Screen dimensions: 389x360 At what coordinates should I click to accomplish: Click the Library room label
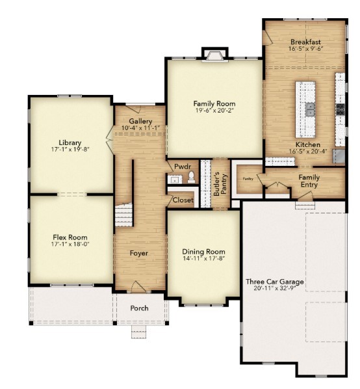point(70,142)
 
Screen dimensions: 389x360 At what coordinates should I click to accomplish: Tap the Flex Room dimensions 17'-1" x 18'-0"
point(70,246)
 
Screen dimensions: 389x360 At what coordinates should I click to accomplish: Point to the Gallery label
point(140,122)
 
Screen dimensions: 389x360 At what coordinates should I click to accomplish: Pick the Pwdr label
point(182,167)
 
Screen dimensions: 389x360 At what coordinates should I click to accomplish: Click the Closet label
point(182,200)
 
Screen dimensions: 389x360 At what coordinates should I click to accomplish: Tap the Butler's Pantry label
point(218,183)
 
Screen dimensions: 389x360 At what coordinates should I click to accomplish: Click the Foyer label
point(138,253)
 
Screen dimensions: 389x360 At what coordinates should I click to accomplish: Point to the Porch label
point(139,308)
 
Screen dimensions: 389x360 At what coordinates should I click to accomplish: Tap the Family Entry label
point(309,181)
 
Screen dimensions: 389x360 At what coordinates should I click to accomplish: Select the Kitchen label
point(307,144)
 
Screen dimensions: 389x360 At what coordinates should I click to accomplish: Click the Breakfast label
point(305,42)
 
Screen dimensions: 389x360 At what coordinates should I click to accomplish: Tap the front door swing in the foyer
point(138,287)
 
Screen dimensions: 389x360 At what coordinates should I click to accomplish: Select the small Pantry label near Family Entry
point(248,178)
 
